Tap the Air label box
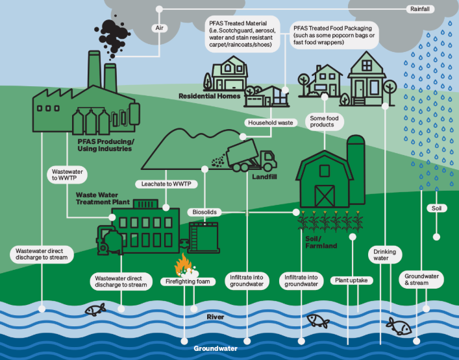click(x=160, y=28)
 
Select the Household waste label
click(x=271, y=122)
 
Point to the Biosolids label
click(x=204, y=212)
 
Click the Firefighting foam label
click(x=188, y=282)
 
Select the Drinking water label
click(x=384, y=255)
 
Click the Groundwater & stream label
click(x=422, y=280)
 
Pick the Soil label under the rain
click(x=435, y=208)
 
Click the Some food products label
click(x=323, y=121)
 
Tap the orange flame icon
click(x=182, y=265)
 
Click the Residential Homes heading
click(x=210, y=96)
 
